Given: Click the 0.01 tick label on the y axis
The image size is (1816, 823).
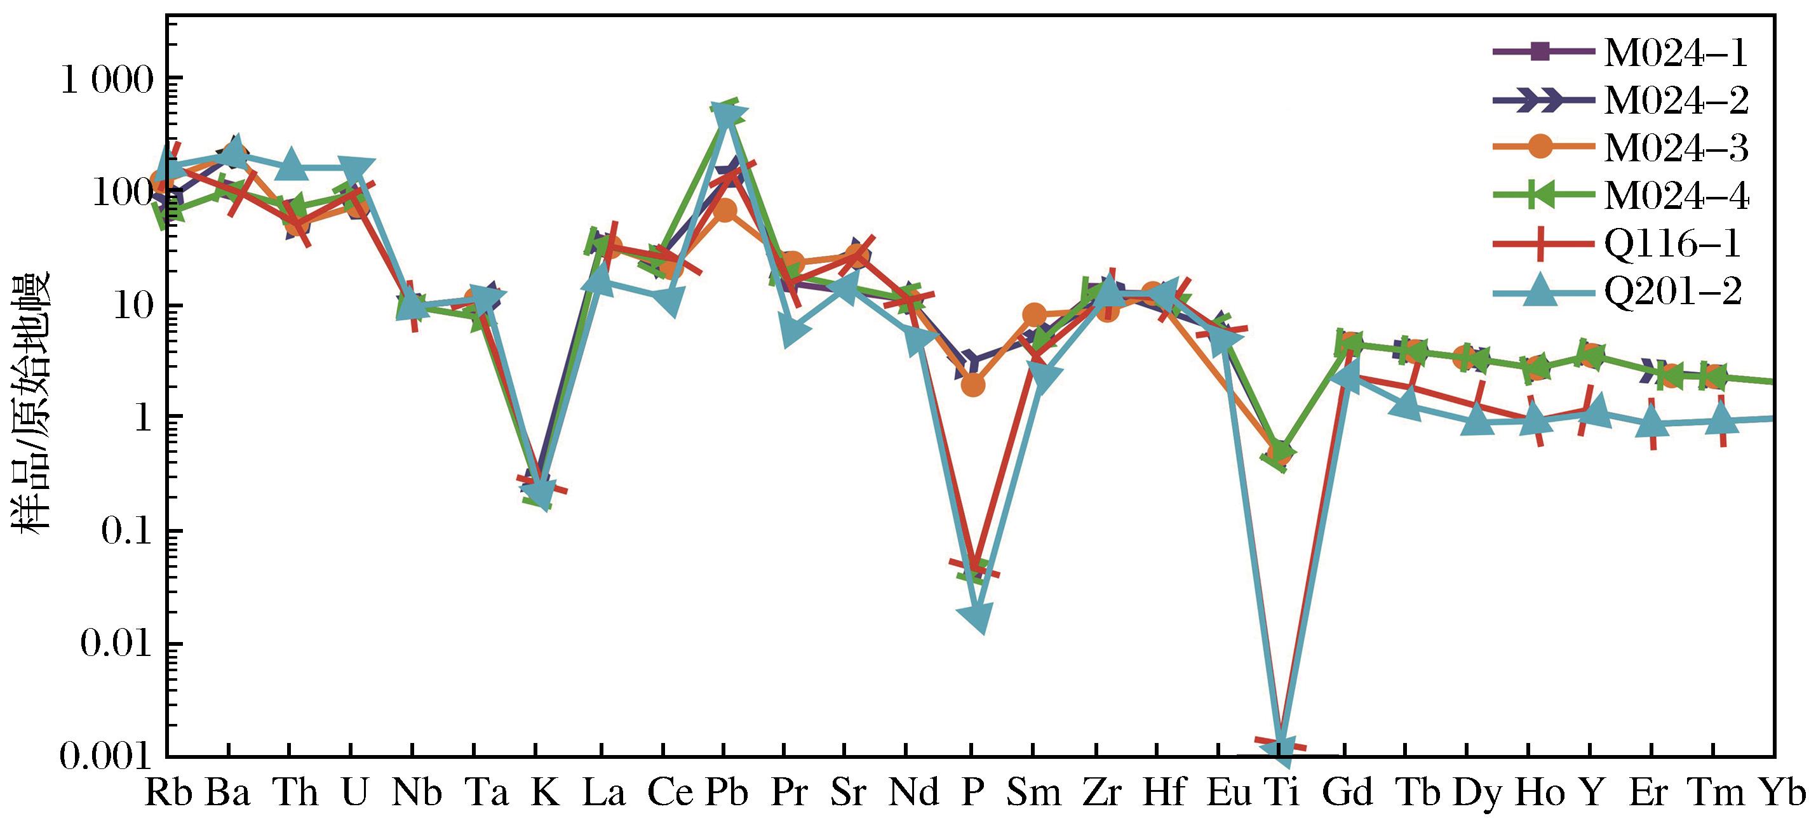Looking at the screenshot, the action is [116, 644].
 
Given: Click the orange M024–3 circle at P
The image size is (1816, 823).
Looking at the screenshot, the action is [972, 385].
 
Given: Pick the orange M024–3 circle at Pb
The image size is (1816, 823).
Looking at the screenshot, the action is [727, 211].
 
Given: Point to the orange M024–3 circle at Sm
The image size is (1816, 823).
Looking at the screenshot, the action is [1034, 314].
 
